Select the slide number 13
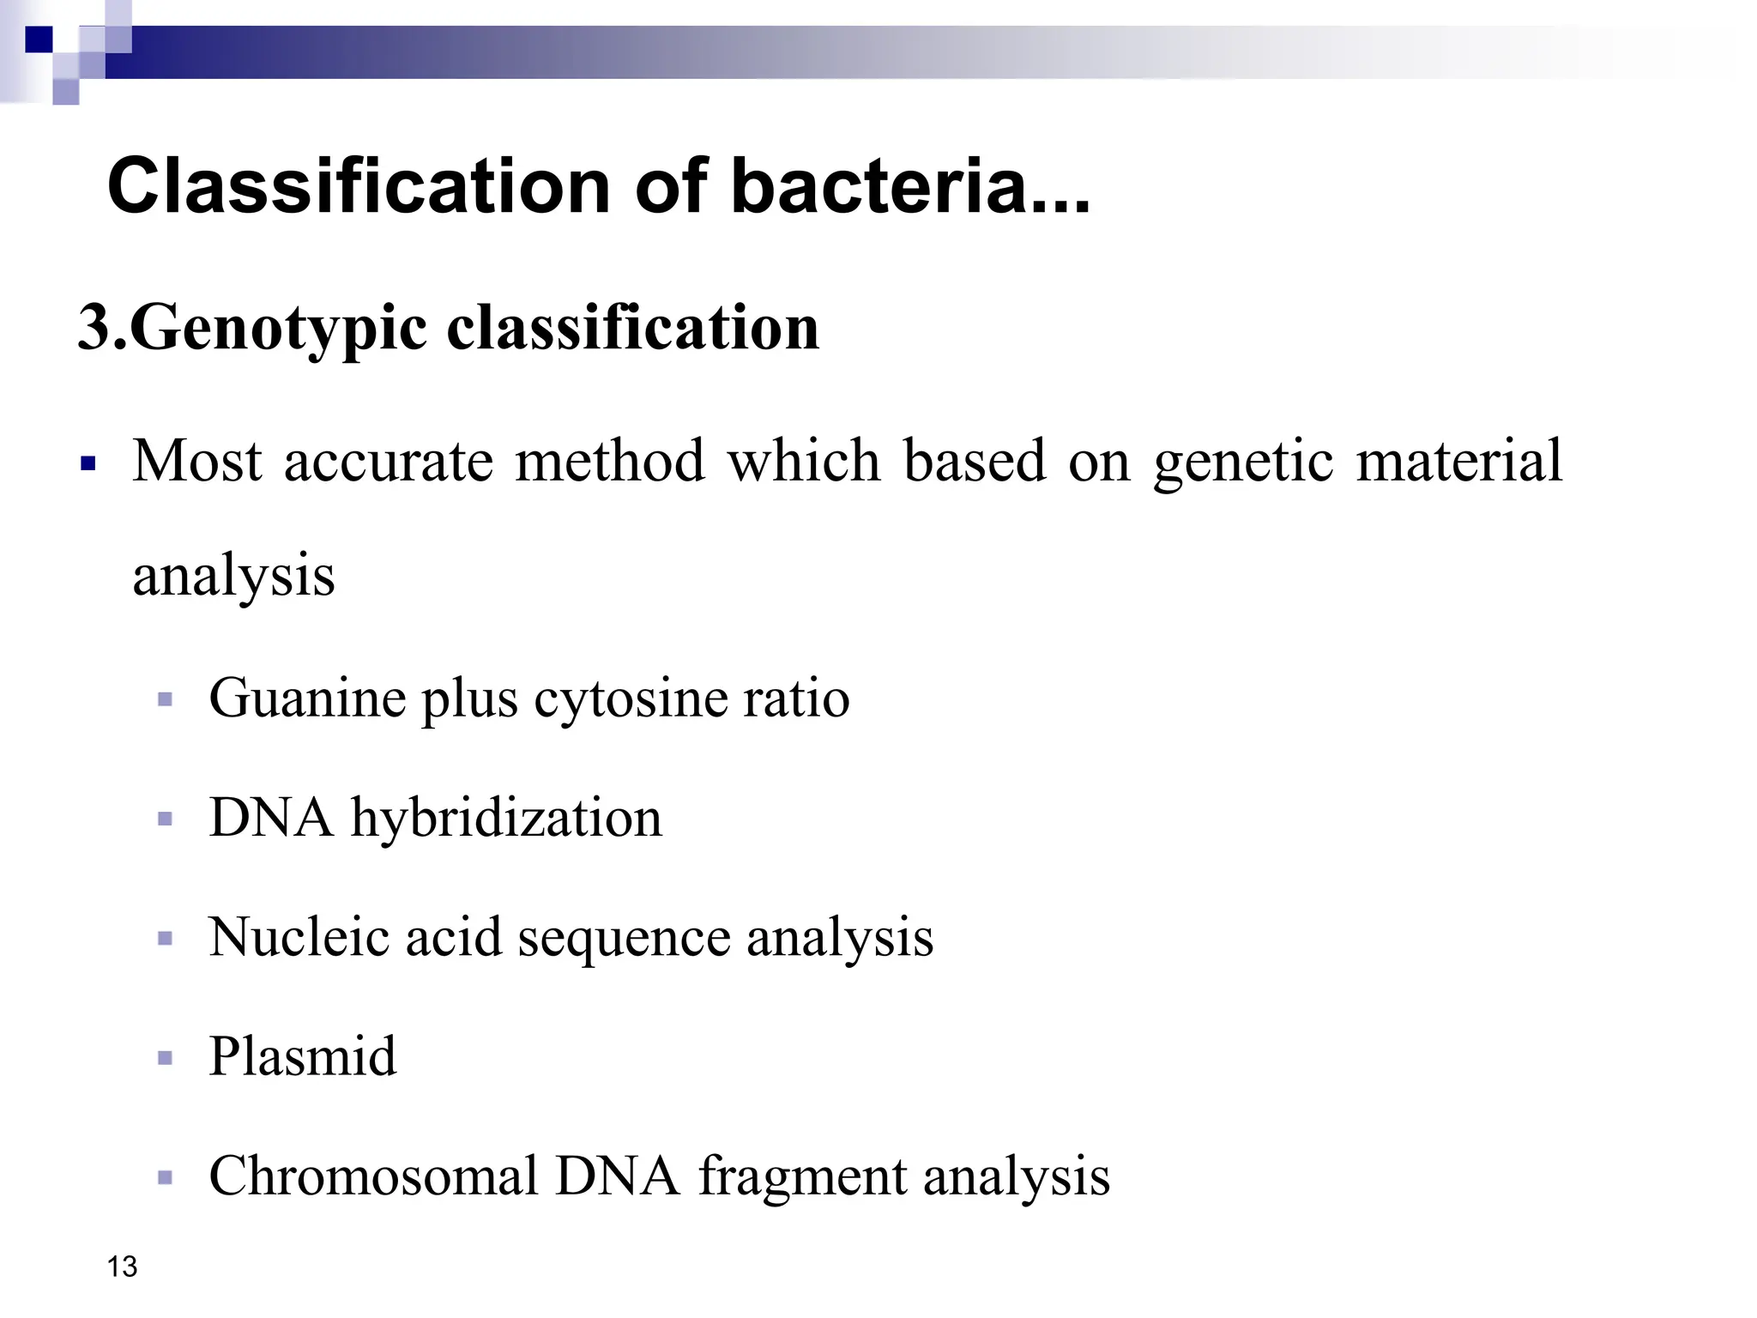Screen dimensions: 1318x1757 tap(123, 1267)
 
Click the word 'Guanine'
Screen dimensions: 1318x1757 tap(307, 698)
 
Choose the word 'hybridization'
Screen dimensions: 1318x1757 tap(506, 818)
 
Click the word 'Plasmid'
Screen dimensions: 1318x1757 tap(303, 1055)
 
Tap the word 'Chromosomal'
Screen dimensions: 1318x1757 tap(373, 1176)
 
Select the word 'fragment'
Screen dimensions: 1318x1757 tap(802, 1177)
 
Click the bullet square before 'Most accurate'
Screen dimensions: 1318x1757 tap(87, 464)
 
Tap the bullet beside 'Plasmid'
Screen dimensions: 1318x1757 tap(166, 1058)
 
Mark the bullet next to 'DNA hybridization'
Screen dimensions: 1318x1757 tap(166, 819)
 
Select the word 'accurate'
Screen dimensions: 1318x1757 tap(389, 462)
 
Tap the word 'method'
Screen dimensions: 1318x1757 tap(610, 461)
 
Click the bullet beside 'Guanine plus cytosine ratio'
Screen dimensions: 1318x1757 tap(166, 700)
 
